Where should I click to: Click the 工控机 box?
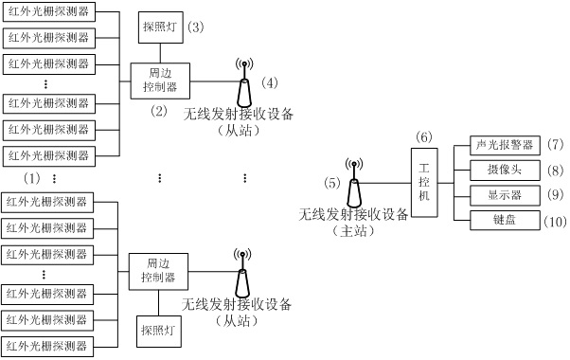[424, 182]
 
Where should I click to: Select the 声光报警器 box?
[505, 145]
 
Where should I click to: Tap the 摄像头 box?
[505, 170]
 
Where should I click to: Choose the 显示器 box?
[505, 195]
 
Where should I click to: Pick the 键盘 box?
[505, 221]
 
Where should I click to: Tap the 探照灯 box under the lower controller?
[158, 332]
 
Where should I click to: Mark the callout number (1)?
[32, 178]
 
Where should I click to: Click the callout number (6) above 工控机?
[424, 136]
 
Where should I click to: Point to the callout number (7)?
[555, 145]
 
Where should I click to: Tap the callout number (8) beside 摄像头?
[555, 171]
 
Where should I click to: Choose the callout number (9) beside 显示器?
[555, 196]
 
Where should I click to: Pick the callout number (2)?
[158, 111]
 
